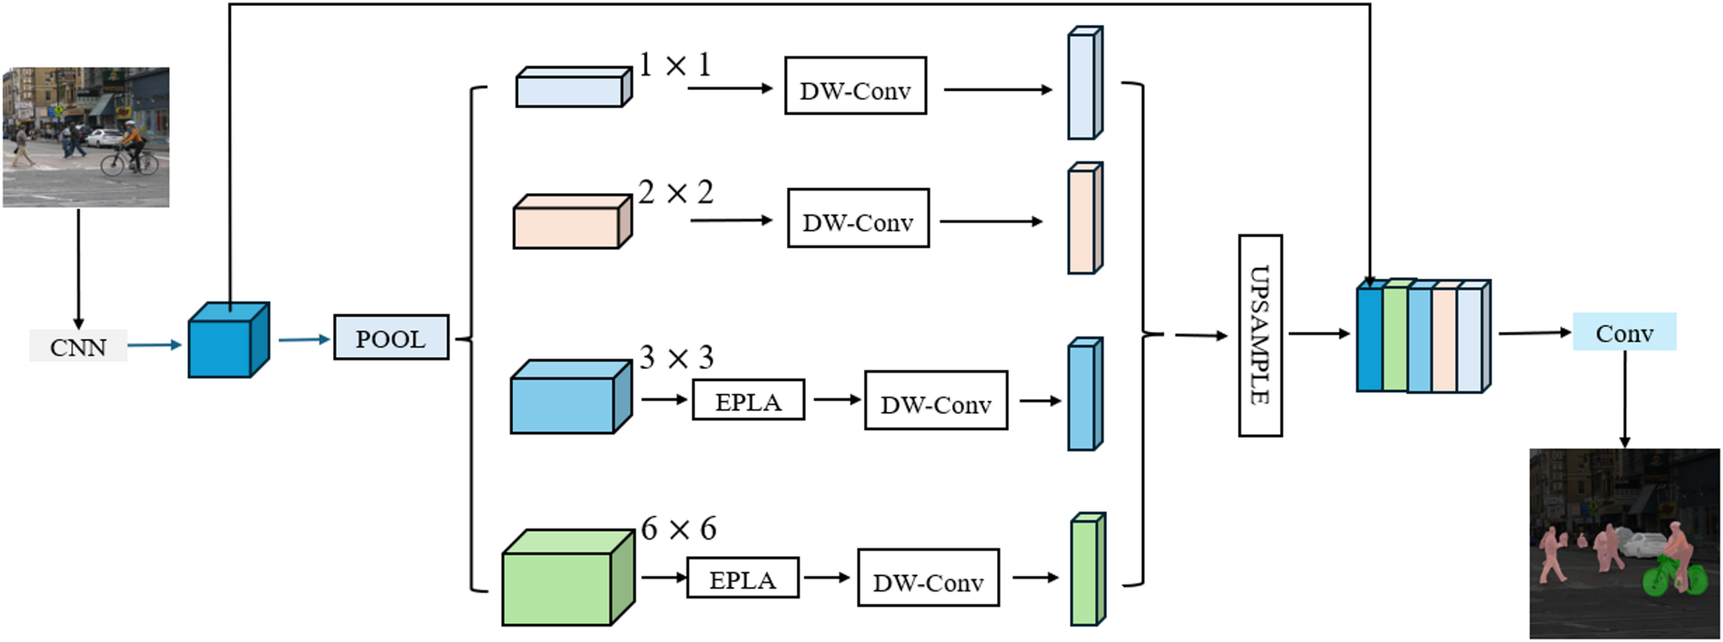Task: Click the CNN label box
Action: point(78,346)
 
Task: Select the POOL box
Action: point(390,337)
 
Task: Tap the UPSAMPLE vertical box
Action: point(1260,336)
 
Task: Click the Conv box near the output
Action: point(1623,332)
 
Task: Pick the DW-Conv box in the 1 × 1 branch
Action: point(855,86)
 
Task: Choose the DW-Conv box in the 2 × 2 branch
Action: point(858,218)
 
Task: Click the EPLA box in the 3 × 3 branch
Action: point(748,400)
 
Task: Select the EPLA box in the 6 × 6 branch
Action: point(742,578)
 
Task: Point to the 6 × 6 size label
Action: point(678,529)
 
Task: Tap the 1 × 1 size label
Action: point(675,65)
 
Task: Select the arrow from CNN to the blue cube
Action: point(154,345)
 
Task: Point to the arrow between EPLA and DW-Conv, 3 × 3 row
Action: point(836,399)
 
